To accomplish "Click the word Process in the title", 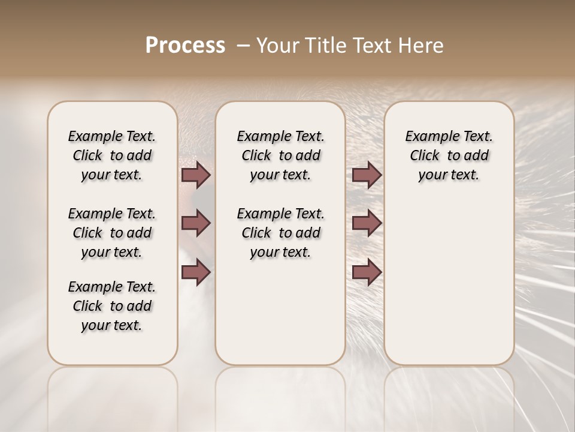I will tap(185, 46).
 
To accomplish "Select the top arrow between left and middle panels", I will tap(196, 175).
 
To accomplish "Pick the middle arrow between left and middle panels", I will tap(196, 223).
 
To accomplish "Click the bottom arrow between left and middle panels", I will tap(196, 272).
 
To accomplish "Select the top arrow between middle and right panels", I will tap(367, 175).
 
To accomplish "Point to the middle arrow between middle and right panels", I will tap(367, 223).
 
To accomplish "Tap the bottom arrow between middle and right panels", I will tap(367, 272).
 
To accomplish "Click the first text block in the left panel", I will tap(112, 155).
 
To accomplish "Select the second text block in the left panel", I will tap(112, 233).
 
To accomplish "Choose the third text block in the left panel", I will tap(112, 306).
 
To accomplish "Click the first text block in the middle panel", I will tap(280, 155).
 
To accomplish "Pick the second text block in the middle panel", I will tap(280, 233).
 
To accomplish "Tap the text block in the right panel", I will tap(449, 155).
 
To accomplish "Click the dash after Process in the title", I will tap(243, 46).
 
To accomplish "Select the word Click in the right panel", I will tap(425, 155).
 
